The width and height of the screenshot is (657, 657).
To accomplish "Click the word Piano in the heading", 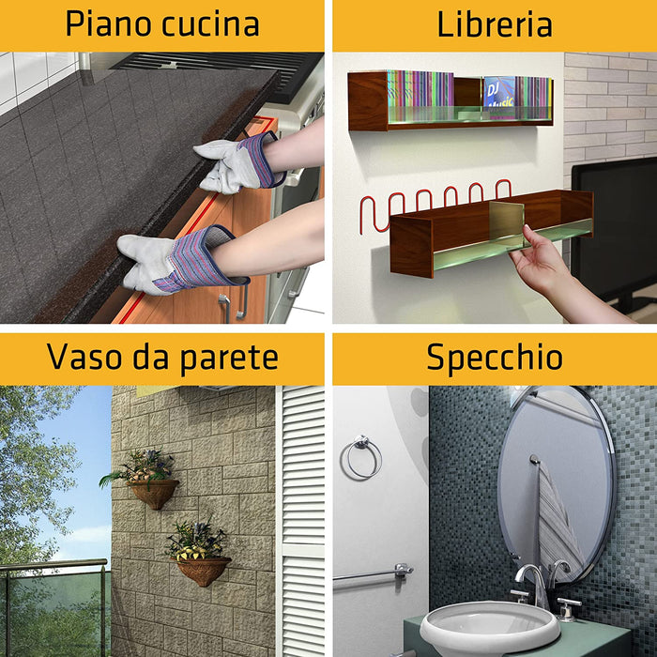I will click(x=105, y=24).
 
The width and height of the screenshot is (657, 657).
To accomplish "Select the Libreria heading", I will click(x=494, y=24).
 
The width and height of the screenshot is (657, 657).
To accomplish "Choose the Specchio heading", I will click(x=495, y=357).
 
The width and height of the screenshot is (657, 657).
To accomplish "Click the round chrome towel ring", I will click(x=361, y=457).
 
